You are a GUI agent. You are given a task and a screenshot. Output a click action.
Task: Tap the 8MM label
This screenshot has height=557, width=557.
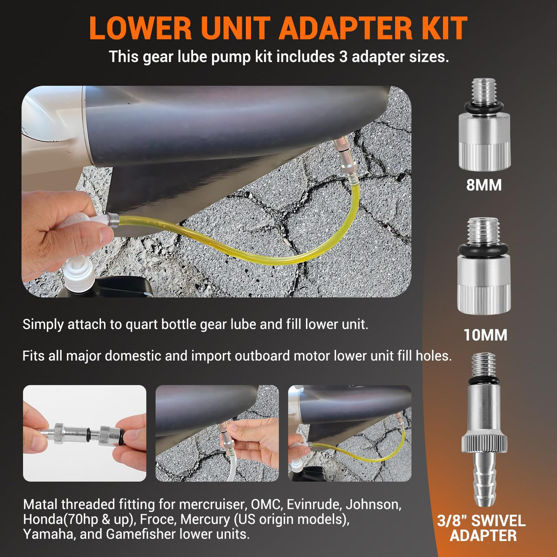click(484, 185)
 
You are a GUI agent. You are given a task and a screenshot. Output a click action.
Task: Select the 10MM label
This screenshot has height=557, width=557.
click(485, 335)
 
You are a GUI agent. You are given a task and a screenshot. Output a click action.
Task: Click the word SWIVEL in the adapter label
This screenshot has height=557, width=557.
click(498, 520)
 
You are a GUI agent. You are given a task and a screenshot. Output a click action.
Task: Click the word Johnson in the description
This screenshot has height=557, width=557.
click(374, 505)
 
